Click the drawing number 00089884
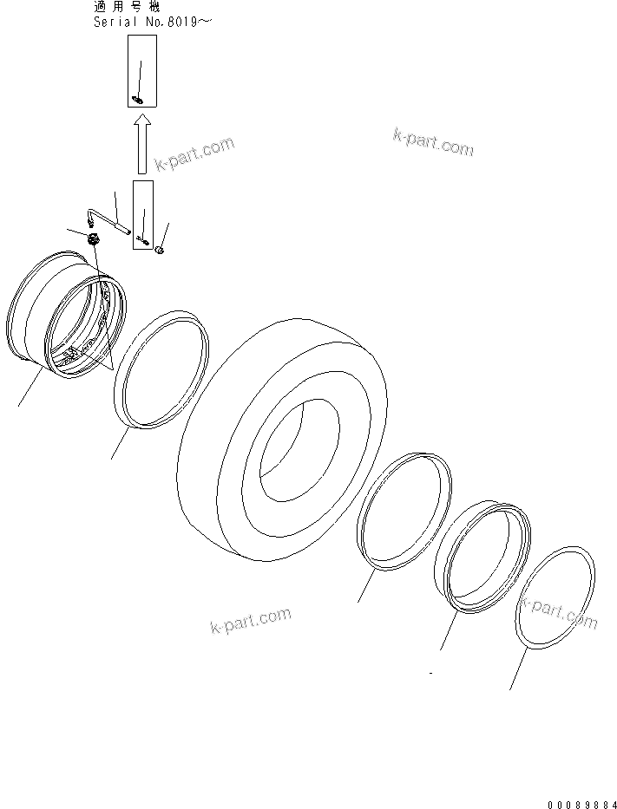click(581, 802)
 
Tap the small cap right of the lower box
click(160, 251)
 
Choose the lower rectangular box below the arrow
click(143, 215)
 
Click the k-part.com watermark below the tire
click(250, 621)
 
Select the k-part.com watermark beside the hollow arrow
click(195, 153)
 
